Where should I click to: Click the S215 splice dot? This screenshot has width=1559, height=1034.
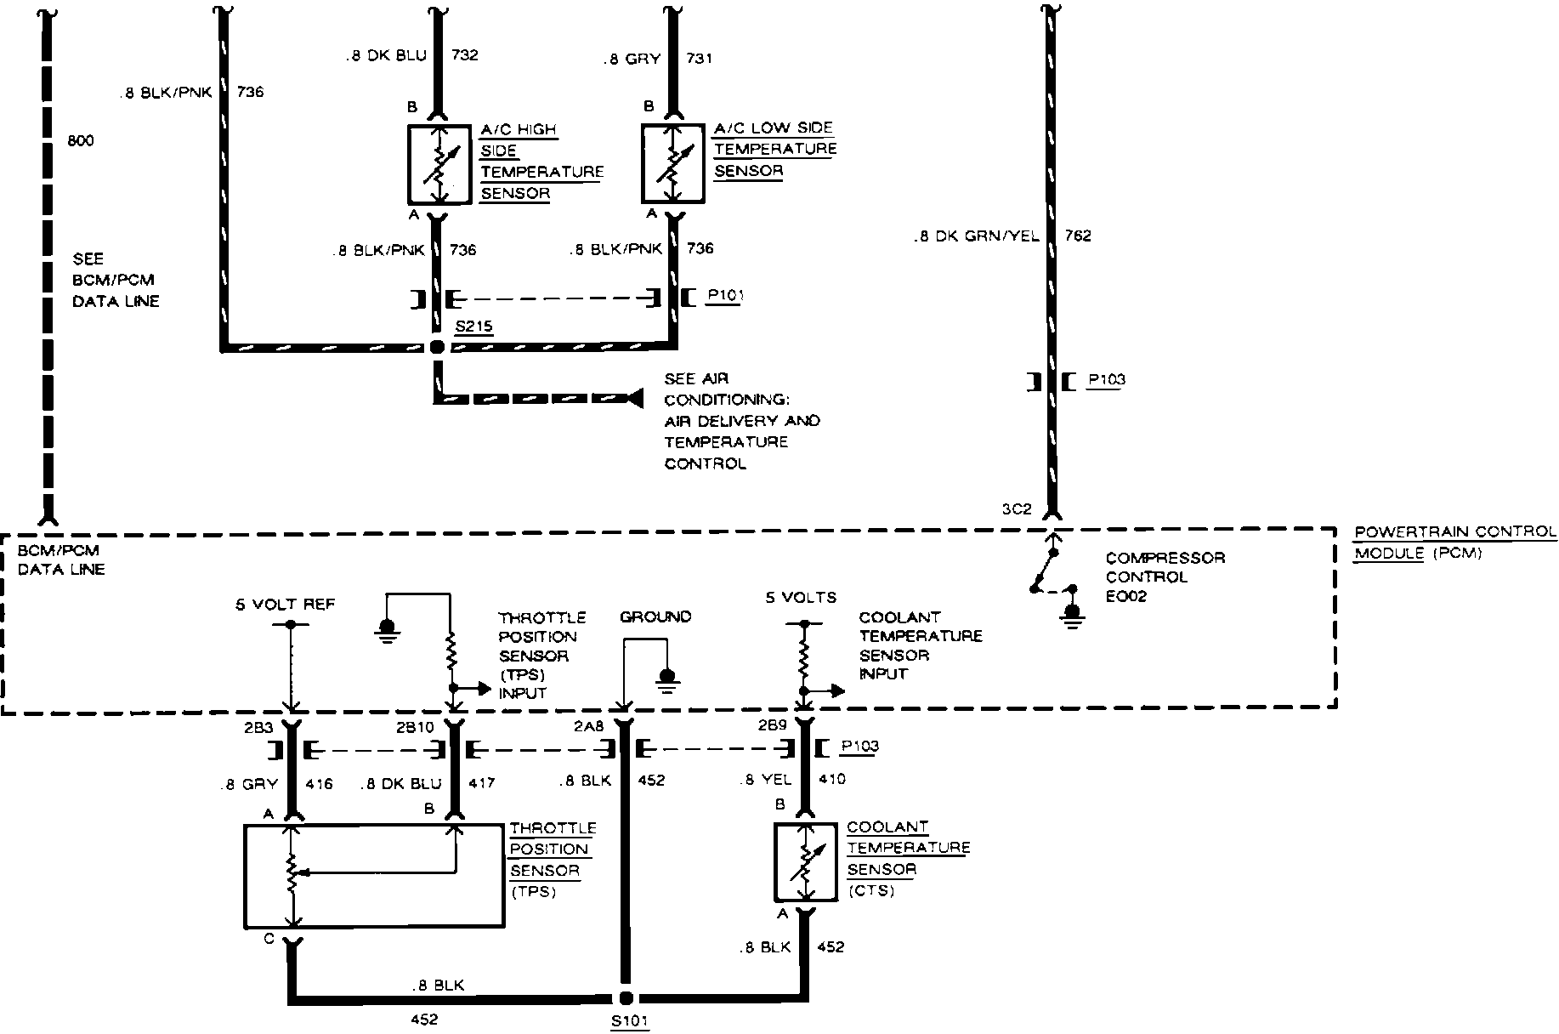[437, 347]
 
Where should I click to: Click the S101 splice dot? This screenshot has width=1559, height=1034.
[626, 997]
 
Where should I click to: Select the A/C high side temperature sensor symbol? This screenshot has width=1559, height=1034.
[439, 164]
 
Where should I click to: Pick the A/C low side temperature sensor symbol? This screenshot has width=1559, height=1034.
[672, 164]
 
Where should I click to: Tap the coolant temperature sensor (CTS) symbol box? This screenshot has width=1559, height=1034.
[804, 862]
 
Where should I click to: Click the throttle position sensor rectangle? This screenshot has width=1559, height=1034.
[373, 876]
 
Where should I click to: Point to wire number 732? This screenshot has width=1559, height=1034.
[464, 56]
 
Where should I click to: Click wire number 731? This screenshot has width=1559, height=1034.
[699, 59]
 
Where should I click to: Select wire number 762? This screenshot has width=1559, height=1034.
[1077, 236]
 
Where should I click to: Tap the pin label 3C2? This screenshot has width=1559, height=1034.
[1016, 510]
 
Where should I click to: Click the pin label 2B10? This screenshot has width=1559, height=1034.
[415, 727]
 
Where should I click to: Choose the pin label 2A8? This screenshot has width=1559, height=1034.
[588, 727]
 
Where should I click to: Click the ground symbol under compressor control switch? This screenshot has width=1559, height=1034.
[1073, 614]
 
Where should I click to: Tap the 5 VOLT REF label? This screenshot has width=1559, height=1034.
[285, 605]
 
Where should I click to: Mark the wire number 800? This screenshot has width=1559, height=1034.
[81, 141]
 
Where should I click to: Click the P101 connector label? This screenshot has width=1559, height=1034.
[723, 297]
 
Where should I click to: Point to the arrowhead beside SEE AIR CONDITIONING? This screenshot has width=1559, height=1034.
[632, 397]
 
